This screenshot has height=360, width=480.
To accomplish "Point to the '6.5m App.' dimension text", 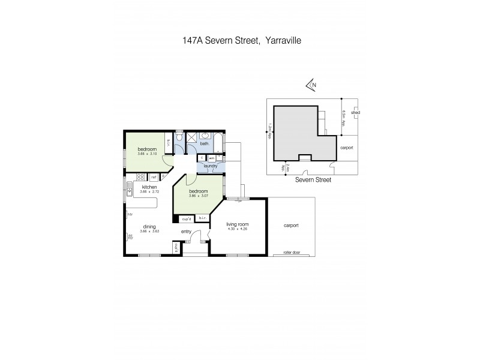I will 344,116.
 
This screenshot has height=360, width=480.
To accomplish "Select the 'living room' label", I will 237,224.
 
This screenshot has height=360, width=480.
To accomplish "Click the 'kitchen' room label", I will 149,187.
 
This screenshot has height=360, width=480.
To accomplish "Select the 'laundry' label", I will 210,166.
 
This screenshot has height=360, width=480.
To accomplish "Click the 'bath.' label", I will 204,144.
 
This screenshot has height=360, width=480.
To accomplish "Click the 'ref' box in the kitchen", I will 154,177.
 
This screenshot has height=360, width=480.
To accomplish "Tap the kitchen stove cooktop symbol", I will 142,177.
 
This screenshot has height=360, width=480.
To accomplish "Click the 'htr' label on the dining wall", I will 129,214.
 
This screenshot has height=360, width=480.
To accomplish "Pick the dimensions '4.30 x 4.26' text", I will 237,229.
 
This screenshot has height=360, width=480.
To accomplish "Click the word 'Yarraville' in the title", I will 278,41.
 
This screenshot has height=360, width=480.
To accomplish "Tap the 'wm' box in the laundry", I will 211,158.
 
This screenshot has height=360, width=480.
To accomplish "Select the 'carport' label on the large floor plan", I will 291,226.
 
